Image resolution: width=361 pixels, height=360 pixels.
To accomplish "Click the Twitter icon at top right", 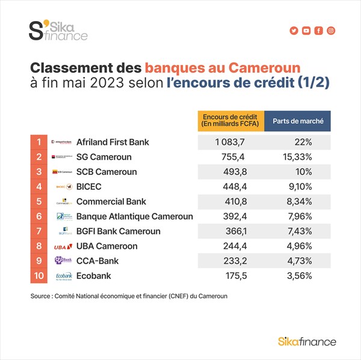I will pyautogui.click(x=294, y=31).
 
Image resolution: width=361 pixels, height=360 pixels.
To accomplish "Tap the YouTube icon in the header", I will pyautogui.click(x=306, y=31).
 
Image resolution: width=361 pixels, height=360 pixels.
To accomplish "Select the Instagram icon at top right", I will pyautogui.click(x=331, y=31).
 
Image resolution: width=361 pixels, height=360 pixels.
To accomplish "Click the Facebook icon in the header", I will pyautogui.click(x=319, y=31).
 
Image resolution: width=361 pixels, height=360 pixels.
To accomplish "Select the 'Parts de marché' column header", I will pyautogui.click(x=298, y=120).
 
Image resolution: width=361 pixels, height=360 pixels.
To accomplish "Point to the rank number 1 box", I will pyautogui.click(x=39, y=142).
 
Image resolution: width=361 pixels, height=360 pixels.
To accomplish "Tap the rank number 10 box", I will pyautogui.click(x=39, y=276).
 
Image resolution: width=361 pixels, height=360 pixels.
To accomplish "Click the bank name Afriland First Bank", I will pyautogui.click(x=113, y=142).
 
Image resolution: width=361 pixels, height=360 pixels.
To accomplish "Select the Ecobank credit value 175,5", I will pyautogui.click(x=230, y=276).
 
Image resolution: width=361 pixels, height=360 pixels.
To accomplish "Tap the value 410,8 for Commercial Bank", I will pyautogui.click(x=230, y=201).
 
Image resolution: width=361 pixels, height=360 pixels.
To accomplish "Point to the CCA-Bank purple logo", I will pyautogui.click(x=63, y=261).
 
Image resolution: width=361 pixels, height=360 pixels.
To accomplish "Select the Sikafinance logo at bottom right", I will pyautogui.click(x=307, y=341).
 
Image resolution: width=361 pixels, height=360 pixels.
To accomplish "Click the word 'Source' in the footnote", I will pyautogui.click(x=41, y=296).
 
